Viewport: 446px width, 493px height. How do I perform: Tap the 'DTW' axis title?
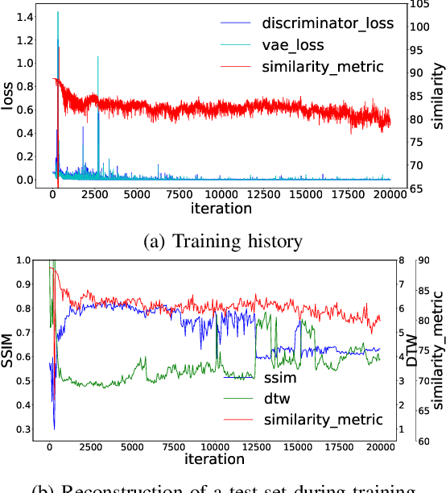pyautogui.click(x=411, y=351)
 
